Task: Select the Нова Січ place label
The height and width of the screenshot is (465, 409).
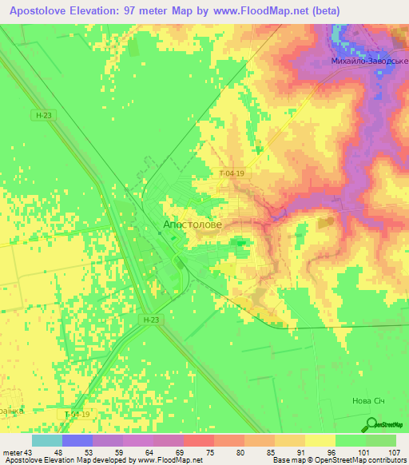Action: coord(370,402)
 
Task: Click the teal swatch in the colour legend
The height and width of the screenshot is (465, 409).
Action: coord(47,440)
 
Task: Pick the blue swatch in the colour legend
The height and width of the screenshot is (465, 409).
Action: coord(77,440)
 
